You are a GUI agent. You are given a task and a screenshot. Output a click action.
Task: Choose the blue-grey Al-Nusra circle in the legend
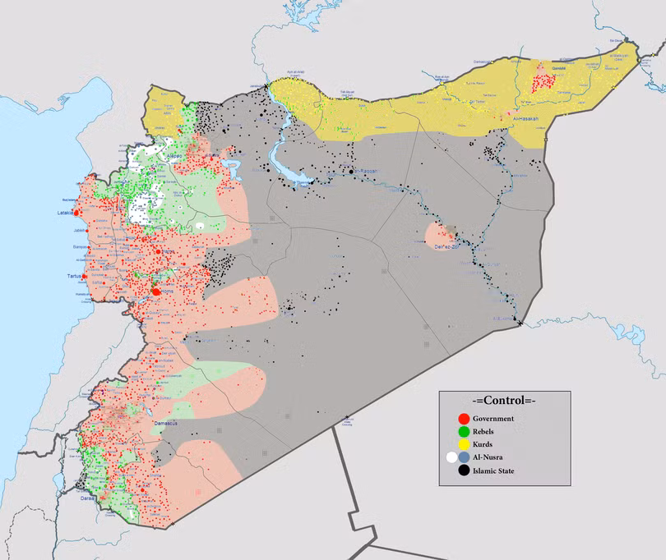[x=465, y=458]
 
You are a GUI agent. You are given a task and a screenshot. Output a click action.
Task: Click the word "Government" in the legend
[x=493, y=419]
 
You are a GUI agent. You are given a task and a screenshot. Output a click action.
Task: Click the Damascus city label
[x=167, y=423]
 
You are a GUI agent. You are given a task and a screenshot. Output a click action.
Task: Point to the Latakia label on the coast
[x=66, y=213]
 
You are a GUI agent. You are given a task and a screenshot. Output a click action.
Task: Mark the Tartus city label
[x=75, y=276]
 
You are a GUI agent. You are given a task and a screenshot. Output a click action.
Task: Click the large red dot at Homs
[x=156, y=291]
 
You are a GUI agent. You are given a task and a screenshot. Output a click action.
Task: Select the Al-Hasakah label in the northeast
[x=524, y=120]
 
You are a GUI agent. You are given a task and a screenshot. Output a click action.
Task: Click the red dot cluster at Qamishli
[x=543, y=83]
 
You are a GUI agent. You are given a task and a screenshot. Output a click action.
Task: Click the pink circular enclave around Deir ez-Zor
[x=436, y=234]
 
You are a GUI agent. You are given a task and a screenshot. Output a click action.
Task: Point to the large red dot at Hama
[x=157, y=251]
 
